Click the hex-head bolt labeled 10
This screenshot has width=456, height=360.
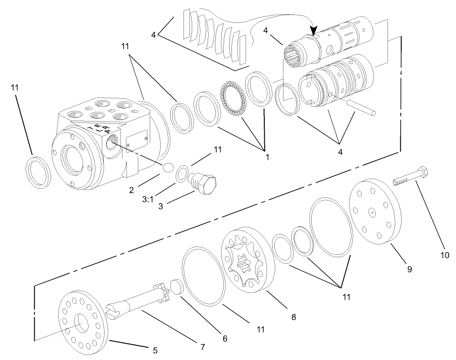[x=411, y=179]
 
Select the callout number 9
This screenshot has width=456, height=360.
[x=409, y=270]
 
